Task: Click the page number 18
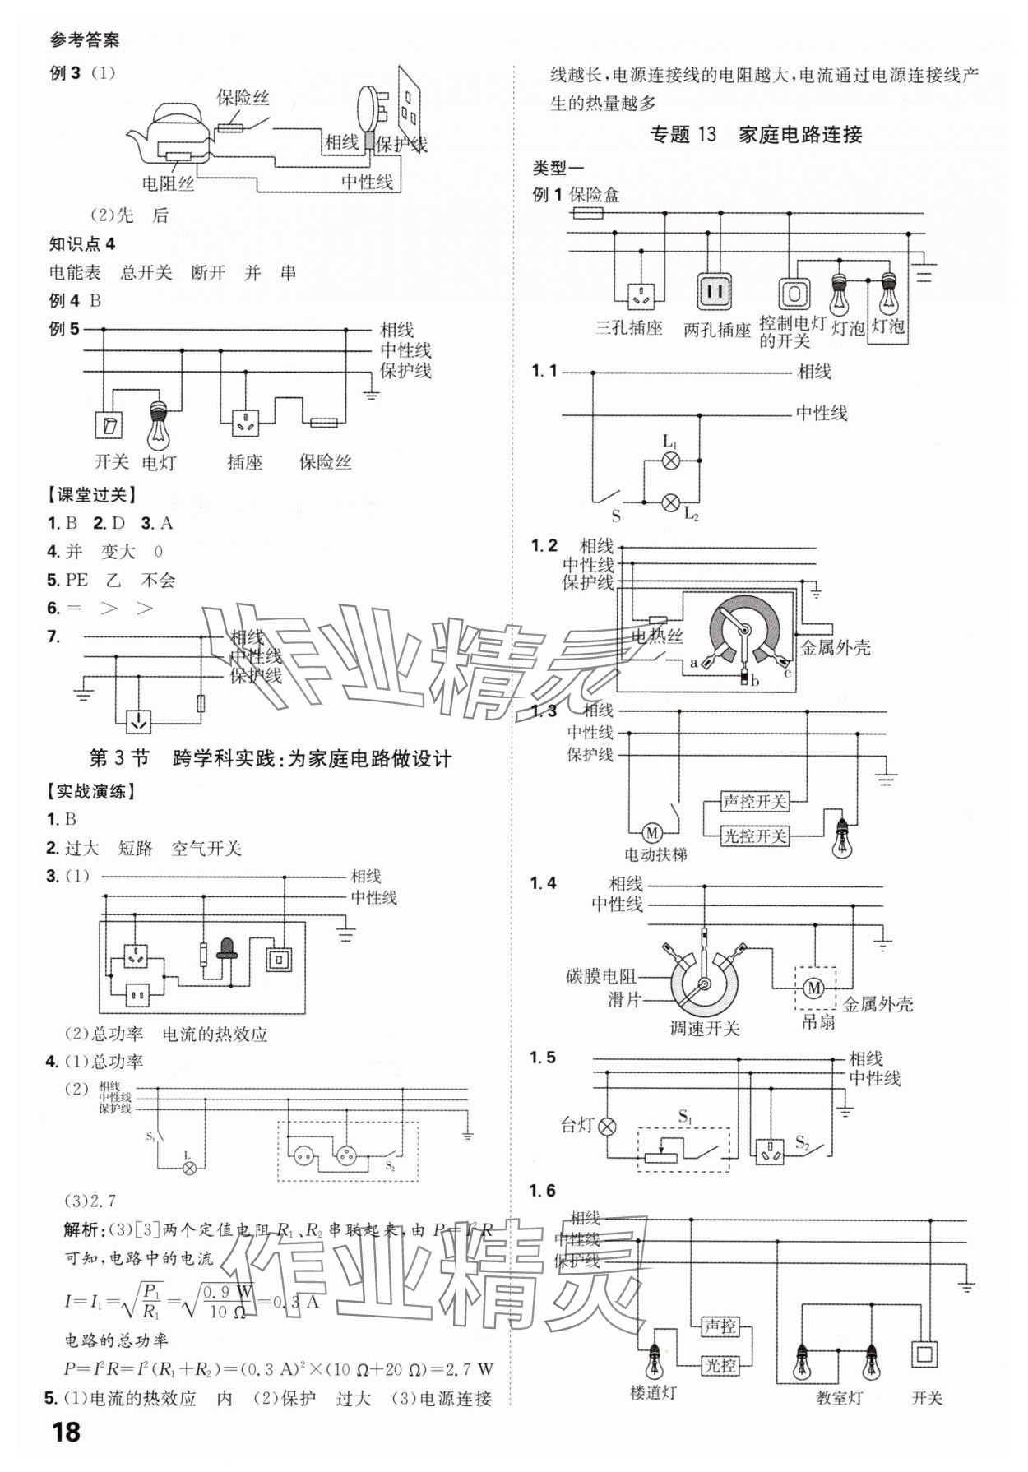pos(66,1432)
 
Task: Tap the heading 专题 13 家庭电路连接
pos(756,134)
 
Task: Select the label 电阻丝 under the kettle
pos(168,183)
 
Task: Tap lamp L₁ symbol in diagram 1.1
pos(671,461)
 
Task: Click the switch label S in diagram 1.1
pos(616,516)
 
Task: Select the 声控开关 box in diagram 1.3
pos(754,801)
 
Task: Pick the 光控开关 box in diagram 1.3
pos(754,836)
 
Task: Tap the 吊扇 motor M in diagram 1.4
pos(814,988)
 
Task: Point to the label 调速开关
pos(704,1028)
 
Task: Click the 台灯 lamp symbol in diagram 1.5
pos(607,1126)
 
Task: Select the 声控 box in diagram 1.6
pos(720,1326)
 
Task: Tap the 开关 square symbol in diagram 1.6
pos(926,1354)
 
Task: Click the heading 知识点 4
pos(82,244)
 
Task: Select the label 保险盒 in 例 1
pos(595,195)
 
